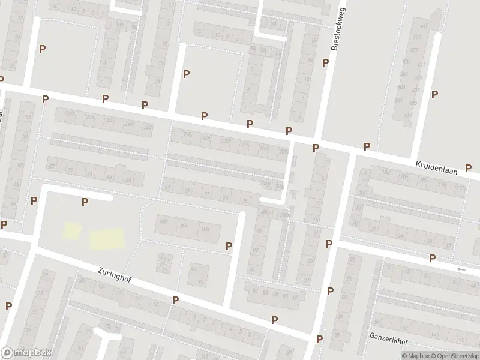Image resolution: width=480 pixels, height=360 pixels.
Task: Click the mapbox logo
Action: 26,353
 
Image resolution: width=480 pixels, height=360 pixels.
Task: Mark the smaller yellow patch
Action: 72,230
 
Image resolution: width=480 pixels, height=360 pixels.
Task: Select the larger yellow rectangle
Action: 107,238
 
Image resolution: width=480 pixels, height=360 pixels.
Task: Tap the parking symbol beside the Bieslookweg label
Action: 325,62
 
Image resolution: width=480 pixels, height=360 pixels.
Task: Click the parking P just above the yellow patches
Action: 85,202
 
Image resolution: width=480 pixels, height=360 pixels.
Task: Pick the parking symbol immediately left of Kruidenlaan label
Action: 367,147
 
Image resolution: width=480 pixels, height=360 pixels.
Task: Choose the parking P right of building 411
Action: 434,94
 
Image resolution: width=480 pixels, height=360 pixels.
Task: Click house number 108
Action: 163,222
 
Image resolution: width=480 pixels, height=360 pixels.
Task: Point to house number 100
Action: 205,229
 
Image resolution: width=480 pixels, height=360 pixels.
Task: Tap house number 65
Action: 128,180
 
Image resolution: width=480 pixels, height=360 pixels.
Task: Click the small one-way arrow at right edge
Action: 461,269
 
